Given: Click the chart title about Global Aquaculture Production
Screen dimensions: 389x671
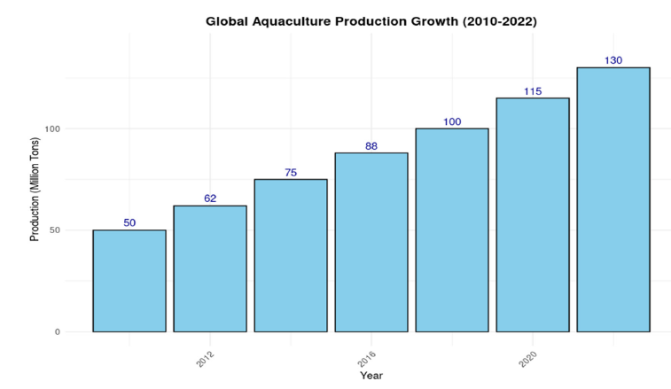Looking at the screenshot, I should point(371,19).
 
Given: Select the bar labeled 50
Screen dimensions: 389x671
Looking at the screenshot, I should point(129,281).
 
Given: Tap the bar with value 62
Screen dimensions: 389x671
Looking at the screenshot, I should point(210,268).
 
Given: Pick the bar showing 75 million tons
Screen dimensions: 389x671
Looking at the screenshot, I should point(291,255).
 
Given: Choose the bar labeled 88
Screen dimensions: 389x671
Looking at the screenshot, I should point(371,242).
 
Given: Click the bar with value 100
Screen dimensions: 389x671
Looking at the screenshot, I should point(452,230).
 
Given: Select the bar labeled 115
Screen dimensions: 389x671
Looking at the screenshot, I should point(533,214).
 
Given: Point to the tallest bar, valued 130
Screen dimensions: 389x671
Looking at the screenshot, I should point(613,199).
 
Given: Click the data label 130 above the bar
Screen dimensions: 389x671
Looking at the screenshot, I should point(613,60).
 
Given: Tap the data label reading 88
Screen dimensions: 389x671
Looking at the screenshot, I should point(371,145).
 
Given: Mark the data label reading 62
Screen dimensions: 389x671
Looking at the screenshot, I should point(210,198).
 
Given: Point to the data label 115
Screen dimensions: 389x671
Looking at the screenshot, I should point(533,91).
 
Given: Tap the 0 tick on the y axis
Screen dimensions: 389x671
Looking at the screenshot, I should point(56,332).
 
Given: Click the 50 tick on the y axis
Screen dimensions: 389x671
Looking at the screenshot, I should point(53,230).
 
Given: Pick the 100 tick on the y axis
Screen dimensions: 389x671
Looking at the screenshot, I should point(51,128).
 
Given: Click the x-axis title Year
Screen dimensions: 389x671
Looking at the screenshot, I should point(371,376).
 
